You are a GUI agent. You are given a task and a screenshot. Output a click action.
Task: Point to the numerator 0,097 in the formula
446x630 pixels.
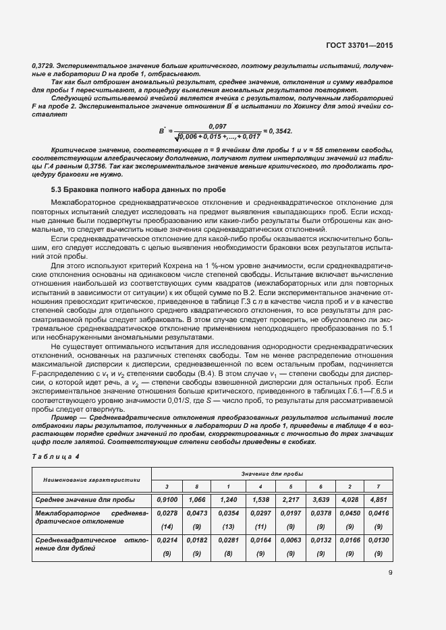pyautogui.click(x=217, y=126)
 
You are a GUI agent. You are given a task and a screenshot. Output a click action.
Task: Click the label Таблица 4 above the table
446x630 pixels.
pyautogui.click(x=55, y=456)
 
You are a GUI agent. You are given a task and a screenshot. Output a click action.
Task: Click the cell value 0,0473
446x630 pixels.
pyautogui.click(x=197, y=513)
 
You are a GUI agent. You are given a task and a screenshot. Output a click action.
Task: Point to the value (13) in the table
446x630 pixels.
pyautogui.click(x=229, y=526)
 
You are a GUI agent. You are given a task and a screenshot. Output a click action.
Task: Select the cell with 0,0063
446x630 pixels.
pyautogui.click(x=291, y=540)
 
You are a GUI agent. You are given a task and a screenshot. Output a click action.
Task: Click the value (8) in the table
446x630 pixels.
pyautogui.click(x=229, y=553)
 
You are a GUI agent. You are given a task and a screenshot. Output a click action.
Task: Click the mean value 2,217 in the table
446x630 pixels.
pyautogui.click(x=291, y=499)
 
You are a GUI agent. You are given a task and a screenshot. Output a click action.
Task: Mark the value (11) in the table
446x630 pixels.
pyautogui.click(x=260, y=526)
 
